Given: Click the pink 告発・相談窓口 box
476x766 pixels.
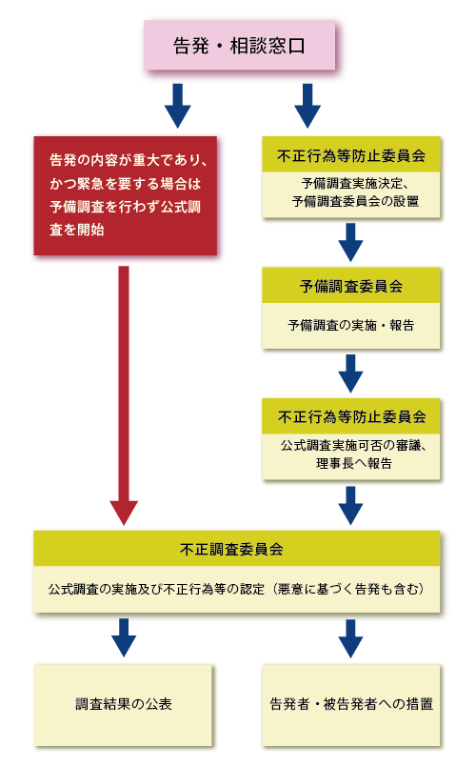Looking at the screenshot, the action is (x=239, y=46).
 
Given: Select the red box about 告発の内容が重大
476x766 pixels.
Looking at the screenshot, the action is (x=126, y=195).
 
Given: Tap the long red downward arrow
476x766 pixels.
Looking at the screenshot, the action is (x=124, y=395).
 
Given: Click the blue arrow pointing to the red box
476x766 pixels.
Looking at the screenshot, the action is (x=178, y=106).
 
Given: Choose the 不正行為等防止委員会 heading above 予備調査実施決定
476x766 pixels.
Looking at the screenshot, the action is (x=351, y=155).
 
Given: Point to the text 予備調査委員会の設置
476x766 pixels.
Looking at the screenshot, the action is (x=355, y=201).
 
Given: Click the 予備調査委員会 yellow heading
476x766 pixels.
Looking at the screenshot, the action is (x=351, y=285).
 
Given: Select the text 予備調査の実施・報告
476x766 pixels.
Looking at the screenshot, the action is (x=351, y=325).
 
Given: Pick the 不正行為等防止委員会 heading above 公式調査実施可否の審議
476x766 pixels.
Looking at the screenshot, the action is (x=351, y=416).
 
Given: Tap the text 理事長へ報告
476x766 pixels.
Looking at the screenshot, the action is (x=354, y=463).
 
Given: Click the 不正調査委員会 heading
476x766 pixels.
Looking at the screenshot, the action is (x=237, y=549).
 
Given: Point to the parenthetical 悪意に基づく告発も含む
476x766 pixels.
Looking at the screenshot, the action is (x=348, y=589).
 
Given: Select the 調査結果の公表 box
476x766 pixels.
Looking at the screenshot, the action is (x=123, y=705).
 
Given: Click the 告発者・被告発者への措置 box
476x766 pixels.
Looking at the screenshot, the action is (x=351, y=705).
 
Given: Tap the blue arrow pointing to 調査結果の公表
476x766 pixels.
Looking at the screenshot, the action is (x=124, y=637).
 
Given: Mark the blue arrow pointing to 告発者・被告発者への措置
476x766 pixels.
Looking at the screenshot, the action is (x=350, y=637).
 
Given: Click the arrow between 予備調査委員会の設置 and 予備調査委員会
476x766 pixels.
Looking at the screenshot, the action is (x=350, y=242).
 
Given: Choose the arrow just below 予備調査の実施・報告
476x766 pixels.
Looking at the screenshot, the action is (x=350, y=373).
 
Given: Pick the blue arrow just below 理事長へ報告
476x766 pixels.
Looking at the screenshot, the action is (x=350, y=505).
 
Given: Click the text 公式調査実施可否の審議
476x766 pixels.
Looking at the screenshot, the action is (x=352, y=446).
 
